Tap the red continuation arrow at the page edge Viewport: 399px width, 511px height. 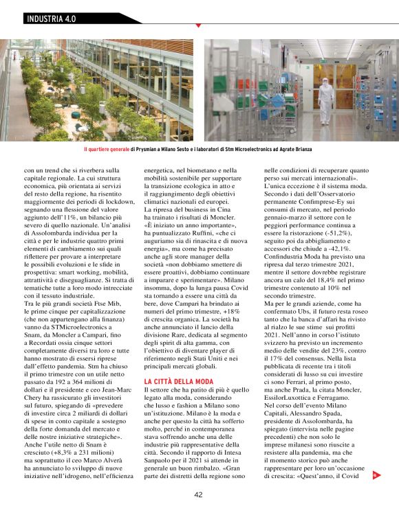click(374, 474)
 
